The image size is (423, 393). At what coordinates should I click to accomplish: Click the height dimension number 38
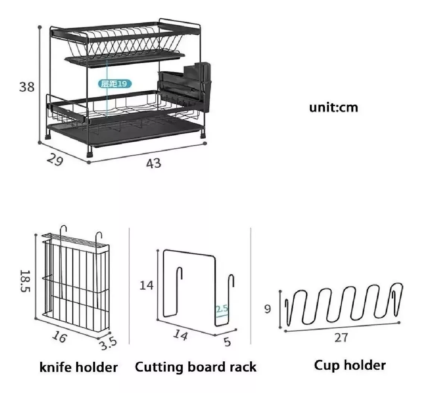tap(27, 87)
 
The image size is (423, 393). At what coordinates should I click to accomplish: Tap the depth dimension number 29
tap(55, 160)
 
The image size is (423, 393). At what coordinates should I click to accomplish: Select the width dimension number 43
tap(154, 163)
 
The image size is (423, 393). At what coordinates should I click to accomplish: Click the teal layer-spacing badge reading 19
tap(115, 84)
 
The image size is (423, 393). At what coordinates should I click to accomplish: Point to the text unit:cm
tap(334, 107)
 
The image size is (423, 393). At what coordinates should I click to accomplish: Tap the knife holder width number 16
tap(59, 337)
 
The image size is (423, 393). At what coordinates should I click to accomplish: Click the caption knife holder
tap(79, 367)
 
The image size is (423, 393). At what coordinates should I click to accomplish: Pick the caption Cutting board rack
tap(196, 367)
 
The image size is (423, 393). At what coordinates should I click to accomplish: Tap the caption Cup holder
tap(350, 365)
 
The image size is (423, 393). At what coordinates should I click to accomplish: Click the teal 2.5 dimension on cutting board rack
tap(222, 309)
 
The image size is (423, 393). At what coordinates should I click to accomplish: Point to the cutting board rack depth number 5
tap(227, 342)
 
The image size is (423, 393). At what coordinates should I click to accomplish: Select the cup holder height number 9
tap(267, 309)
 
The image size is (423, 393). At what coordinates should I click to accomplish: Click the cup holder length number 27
tap(341, 338)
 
